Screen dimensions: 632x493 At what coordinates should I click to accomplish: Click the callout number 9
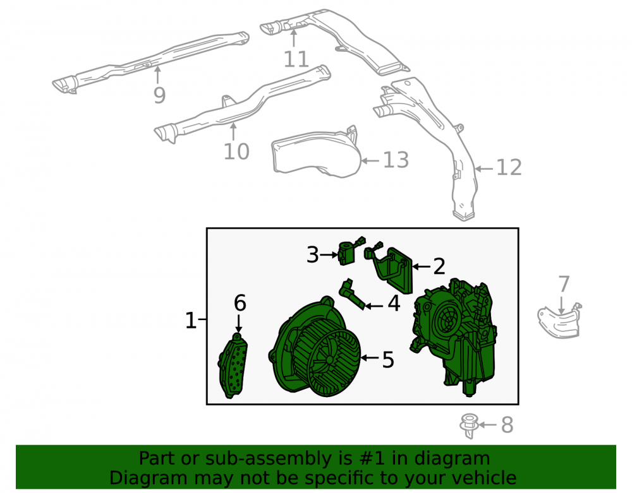[x=160, y=95]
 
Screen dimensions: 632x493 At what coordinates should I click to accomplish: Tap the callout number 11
[x=296, y=59]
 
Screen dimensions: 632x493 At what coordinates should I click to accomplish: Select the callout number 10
[x=236, y=151]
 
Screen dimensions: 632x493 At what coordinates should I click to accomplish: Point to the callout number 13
[x=396, y=160]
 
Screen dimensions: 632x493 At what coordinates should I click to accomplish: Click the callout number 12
[x=509, y=167]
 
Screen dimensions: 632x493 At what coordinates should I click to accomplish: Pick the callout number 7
[x=564, y=284]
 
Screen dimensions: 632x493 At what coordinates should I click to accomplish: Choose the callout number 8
[x=507, y=425]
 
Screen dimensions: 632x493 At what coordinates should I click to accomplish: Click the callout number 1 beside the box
[x=191, y=320]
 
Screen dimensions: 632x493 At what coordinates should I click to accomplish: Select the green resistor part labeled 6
[x=233, y=365]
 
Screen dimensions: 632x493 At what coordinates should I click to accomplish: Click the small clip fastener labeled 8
[x=469, y=426]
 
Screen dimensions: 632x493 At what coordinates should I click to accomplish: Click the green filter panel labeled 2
[x=395, y=269]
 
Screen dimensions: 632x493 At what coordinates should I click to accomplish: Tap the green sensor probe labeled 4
[x=353, y=295]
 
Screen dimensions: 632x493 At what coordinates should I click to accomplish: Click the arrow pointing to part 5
[x=370, y=358]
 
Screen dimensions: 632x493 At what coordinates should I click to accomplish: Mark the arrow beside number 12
[x=483, y=169]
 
